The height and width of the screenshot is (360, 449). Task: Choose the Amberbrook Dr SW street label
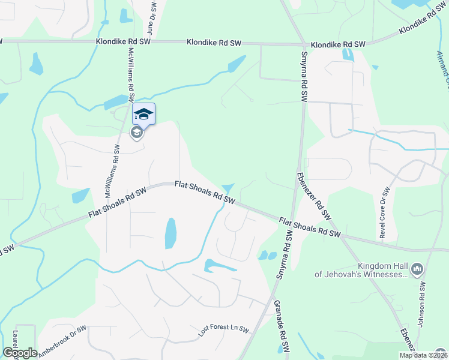62,342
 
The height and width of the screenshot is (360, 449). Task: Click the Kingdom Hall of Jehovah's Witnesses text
362,270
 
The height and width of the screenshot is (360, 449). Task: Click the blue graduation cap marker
143,114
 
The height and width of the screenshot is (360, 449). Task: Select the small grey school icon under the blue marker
137,133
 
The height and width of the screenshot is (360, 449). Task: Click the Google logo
20,353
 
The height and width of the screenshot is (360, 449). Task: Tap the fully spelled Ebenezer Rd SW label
314,196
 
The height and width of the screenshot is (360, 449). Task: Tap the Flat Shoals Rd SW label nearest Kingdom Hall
310,228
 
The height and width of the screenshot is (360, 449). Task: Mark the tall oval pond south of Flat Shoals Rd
170,233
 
